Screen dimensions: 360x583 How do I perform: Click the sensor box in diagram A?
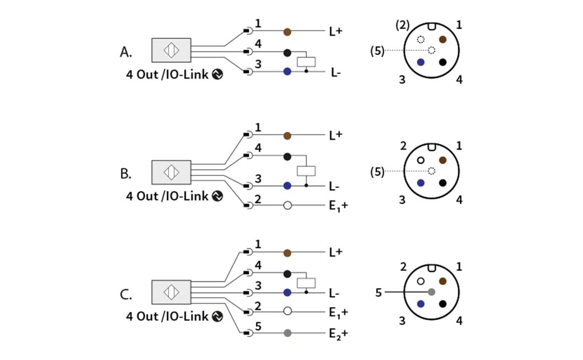point(172,50)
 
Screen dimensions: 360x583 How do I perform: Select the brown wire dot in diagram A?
point(287,32)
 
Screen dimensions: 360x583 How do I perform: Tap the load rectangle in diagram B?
point(306,171)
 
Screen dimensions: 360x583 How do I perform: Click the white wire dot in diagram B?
point(287,206)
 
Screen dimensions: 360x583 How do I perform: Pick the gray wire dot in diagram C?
point(287,333)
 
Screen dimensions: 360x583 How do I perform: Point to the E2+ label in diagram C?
point(338,334)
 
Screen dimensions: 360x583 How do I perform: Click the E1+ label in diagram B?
point(338,206)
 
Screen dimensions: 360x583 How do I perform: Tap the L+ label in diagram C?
point(336,252)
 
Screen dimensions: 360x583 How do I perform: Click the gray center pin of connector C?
point(431,292)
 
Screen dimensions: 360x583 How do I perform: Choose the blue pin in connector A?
point(421,62)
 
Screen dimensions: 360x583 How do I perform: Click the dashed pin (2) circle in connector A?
point(421,40)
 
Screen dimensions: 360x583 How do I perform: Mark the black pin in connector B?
point(443,183)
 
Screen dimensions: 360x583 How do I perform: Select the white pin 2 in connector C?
point(421,281)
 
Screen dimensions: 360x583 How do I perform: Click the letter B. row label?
point(125,174)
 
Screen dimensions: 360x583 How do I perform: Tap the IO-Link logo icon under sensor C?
point(218,316)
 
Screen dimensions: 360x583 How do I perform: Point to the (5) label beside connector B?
point(377,171)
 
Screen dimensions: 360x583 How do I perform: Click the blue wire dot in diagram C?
point(287,293)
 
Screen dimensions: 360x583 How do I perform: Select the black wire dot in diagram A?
point(287,52)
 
